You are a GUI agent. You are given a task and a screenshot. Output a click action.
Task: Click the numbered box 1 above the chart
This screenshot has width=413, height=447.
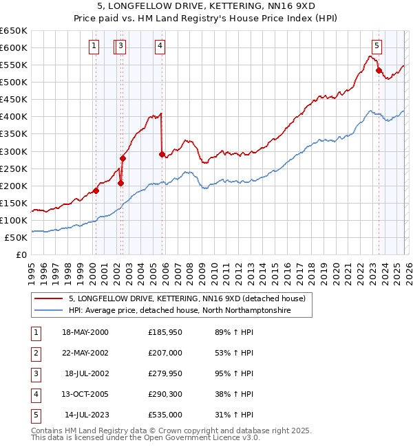point(94,46)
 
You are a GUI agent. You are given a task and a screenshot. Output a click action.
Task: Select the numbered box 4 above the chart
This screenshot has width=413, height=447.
point(160,46)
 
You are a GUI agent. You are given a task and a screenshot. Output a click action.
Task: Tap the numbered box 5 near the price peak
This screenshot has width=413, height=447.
point(377,46)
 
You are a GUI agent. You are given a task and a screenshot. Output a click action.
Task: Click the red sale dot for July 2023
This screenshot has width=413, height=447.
point(379,70)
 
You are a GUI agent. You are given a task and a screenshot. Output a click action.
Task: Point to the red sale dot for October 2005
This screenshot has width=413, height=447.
point(162,154)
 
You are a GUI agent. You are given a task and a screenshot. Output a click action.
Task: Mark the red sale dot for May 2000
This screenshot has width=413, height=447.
point(96,190)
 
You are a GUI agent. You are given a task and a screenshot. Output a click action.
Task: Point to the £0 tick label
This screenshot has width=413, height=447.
point(21,255)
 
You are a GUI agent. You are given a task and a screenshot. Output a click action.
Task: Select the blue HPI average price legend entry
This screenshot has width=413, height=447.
point(180,311)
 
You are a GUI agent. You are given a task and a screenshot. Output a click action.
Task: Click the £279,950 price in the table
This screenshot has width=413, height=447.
point(165,373)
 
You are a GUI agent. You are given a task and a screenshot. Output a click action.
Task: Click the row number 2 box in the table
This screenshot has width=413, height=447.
point(35,353)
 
